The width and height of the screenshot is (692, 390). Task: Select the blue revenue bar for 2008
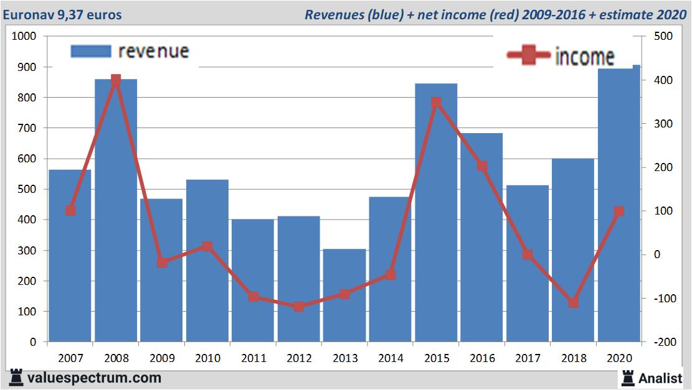coord(116,211)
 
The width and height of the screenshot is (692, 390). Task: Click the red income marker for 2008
coord(116,80)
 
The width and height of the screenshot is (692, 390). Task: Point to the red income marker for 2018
coord(574,302)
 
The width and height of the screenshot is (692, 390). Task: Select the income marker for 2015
coord(436,102)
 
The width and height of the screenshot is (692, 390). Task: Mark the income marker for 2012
coord(299,307)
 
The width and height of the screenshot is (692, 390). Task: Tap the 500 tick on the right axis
coord(658,37)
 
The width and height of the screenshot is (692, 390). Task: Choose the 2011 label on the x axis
coord(253,359)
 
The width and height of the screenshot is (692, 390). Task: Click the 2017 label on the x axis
coord(528,359)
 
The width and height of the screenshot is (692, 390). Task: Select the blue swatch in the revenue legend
coord(90,51)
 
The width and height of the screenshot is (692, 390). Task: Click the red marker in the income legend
coord(529,55)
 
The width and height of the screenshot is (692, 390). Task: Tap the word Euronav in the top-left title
coord(27,14)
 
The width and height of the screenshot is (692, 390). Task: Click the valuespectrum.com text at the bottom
coord(94,378)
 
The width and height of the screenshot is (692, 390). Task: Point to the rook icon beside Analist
coord(627,377)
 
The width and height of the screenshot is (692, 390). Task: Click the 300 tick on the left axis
coord(29,251)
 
